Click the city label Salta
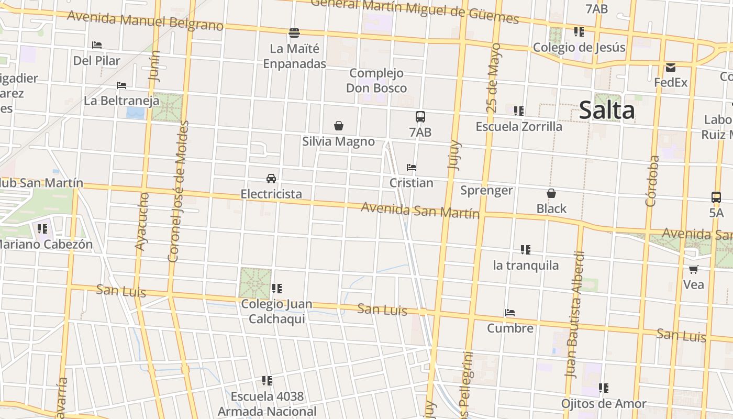point(607,111)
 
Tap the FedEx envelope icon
point(671,68)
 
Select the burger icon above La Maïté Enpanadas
point(294,33)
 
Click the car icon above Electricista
point(271,178)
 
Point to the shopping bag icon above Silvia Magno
point(339,126)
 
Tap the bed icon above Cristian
point(412,168)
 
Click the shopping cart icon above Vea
point(693,269)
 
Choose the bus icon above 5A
point(716,197)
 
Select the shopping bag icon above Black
point(551,193)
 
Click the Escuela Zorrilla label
point(519,127)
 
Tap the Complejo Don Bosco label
point(376,80)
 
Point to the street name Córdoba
point(652,181)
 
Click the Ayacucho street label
point(142,221)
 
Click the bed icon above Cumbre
point(510,313)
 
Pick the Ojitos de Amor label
point(604,404)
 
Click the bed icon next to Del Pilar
point(97,45)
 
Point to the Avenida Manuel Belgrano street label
point(145,20)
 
